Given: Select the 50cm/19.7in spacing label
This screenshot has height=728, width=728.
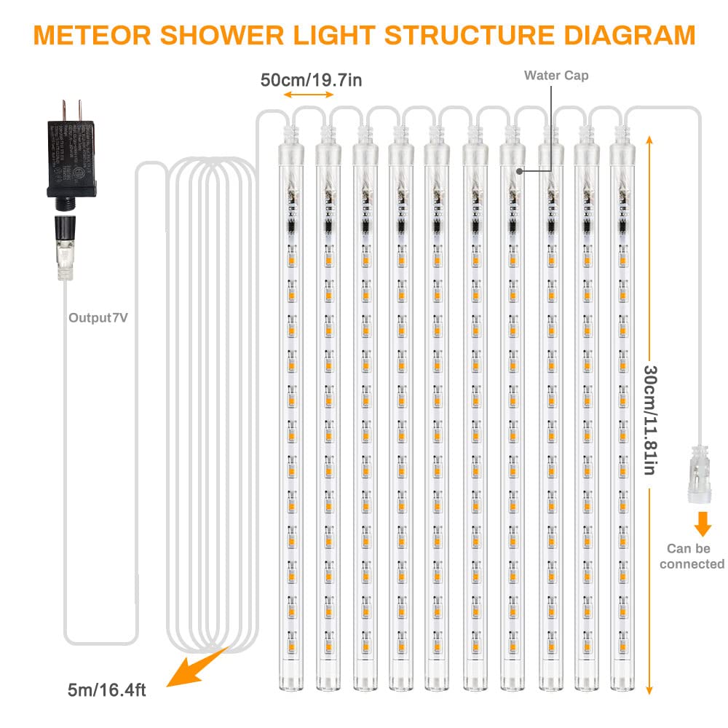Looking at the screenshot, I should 311,79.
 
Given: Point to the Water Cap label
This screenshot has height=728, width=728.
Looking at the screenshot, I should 556,76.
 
